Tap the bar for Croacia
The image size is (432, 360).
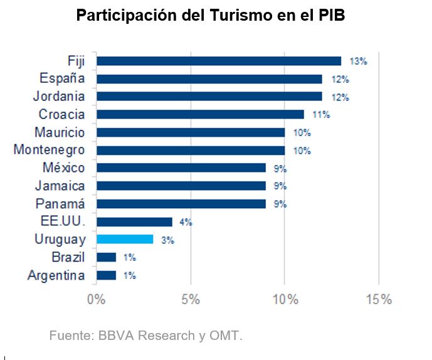[x=200, y=114]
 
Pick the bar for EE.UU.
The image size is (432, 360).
[x=134, y=221]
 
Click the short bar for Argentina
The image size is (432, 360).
[x=106, y=275]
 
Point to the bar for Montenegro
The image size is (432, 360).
[x=191, y=150]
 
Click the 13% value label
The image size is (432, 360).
[x=358, y=61]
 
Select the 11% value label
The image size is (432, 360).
[x=321, y=115]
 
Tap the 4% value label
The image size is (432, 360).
[x=185, y=222]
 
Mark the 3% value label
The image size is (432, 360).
[x=167, y=240]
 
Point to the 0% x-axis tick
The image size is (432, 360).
[x=97, y=299]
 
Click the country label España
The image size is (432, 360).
[x=62, y=78]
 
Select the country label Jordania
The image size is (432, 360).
[x=59, y=97]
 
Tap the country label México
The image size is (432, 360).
[x=64, y=167]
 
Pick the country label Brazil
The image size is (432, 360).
[x=68, y=257]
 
